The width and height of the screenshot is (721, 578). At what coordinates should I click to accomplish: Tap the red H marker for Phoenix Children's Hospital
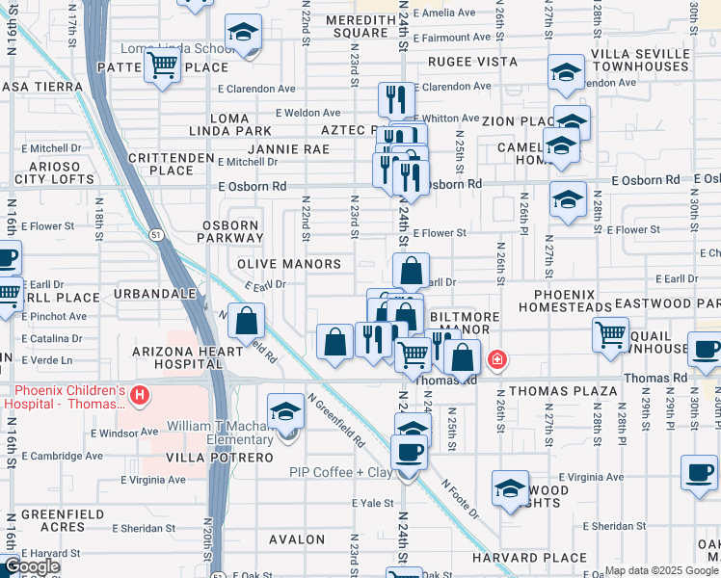[140, 395]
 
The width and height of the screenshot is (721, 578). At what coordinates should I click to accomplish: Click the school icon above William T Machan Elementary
[285, 412]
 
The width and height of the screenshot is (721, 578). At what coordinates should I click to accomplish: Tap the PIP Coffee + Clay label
[341, 472]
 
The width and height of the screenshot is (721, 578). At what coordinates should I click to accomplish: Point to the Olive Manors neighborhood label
[289, 264]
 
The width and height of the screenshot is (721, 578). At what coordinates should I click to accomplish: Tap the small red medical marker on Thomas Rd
[496, 360]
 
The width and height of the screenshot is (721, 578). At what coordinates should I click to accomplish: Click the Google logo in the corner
[31, 566]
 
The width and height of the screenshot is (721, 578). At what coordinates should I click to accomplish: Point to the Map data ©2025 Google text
[661, 571]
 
